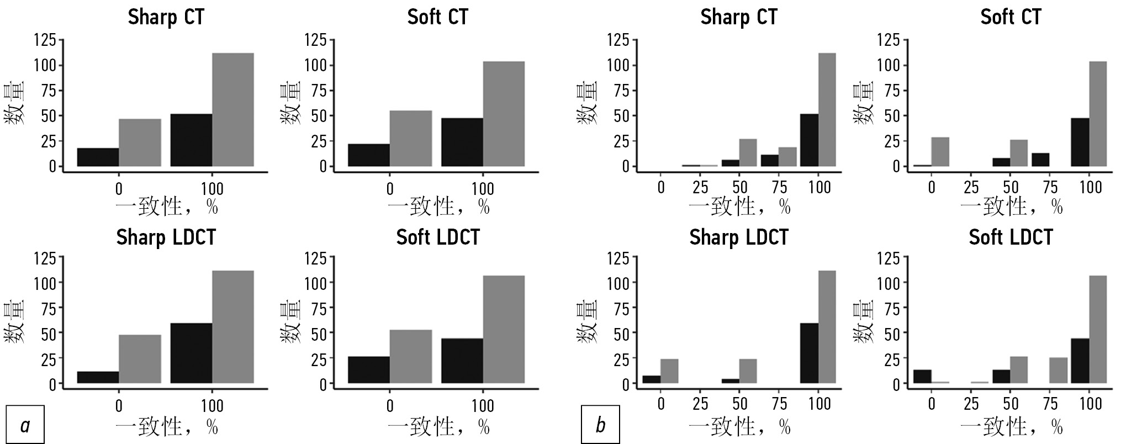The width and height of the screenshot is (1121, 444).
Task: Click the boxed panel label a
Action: (x=25, y=425)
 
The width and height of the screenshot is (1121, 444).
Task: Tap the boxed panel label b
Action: (x=600, y=425)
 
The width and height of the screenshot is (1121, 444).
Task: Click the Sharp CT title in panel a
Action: (x=166, y=17)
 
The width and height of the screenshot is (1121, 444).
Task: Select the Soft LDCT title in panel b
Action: (x=1011, y=237)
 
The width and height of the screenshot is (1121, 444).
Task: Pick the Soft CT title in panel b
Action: (x=1011, y=17)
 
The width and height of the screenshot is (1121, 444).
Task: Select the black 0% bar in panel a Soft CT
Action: (x=369, y=155)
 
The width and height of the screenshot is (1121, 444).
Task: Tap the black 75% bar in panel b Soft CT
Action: (x=1040, y=160)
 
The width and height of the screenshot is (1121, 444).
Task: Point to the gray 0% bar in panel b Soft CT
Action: (x=940, y=152)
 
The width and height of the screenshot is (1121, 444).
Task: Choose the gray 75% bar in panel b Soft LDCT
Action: (x=1058, y=371)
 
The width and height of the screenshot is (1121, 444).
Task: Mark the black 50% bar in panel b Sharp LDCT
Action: (x=730, y=381)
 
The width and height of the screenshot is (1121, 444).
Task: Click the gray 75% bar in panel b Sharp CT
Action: (x=788, y=157)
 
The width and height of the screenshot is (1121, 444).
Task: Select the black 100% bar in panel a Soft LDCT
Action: (x=462, y=361)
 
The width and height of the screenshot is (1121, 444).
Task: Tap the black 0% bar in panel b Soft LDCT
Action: (x=923, y=377)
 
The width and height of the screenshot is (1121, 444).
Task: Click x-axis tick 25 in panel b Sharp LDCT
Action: (x=700, y=405)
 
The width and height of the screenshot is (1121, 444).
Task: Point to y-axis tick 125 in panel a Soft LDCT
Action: (x=316, y=258)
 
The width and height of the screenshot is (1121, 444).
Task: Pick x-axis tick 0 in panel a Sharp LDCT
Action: (x=119, y=406)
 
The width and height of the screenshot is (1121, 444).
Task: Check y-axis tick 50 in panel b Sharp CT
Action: (x=618, y=116)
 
